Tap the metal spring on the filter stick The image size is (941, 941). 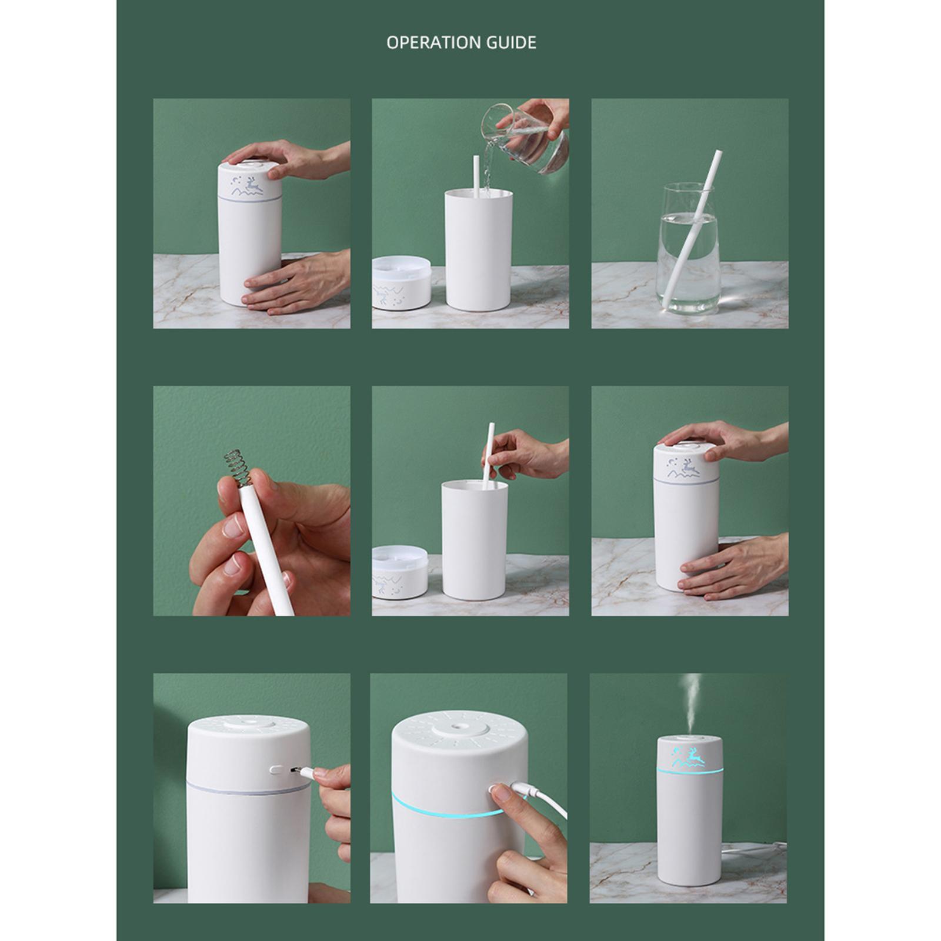pos(238,467)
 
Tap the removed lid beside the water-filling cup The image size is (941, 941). pos(401,282)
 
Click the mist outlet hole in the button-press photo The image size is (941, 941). pos(460,729)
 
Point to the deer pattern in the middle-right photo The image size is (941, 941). pos(683,468)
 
